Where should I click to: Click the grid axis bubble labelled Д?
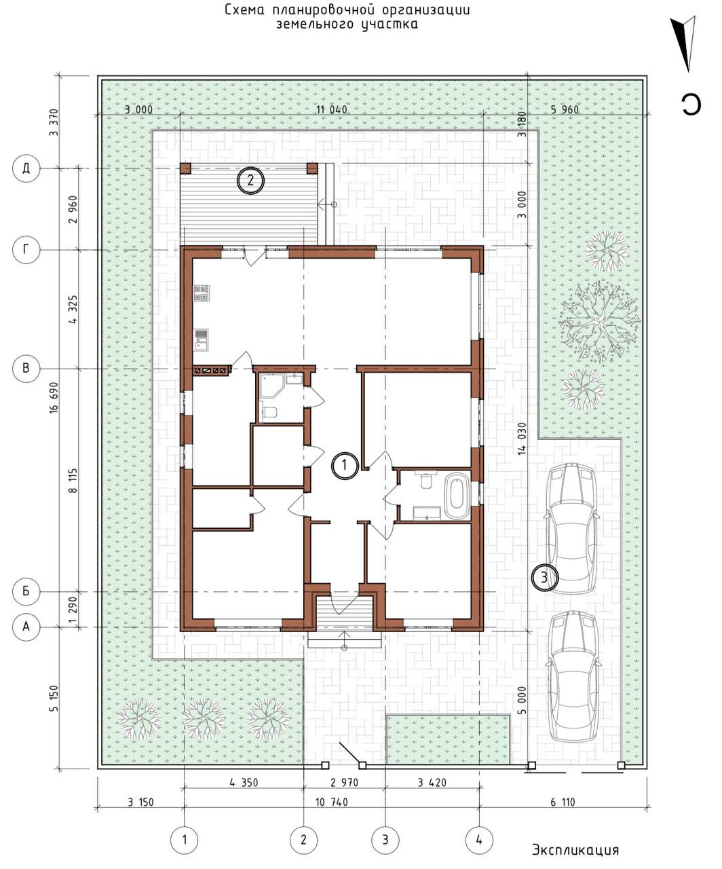[26, 168]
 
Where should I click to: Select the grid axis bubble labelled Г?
[26, 250]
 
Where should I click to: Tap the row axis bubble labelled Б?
[26, 591]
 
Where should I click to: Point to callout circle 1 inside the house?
[344, 465]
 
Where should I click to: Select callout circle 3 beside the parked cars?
[544, 578]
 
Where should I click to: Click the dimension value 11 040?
[331, 109]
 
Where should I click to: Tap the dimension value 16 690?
[54, 398]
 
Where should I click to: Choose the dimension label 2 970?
[344, 782]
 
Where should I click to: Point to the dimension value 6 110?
[563, 802]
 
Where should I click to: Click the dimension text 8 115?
[73, 480]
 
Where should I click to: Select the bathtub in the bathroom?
[457, 498]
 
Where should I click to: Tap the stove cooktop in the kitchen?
[202, 293]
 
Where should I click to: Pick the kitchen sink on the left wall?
[201, 340]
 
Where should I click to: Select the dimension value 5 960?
[565, 109]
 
